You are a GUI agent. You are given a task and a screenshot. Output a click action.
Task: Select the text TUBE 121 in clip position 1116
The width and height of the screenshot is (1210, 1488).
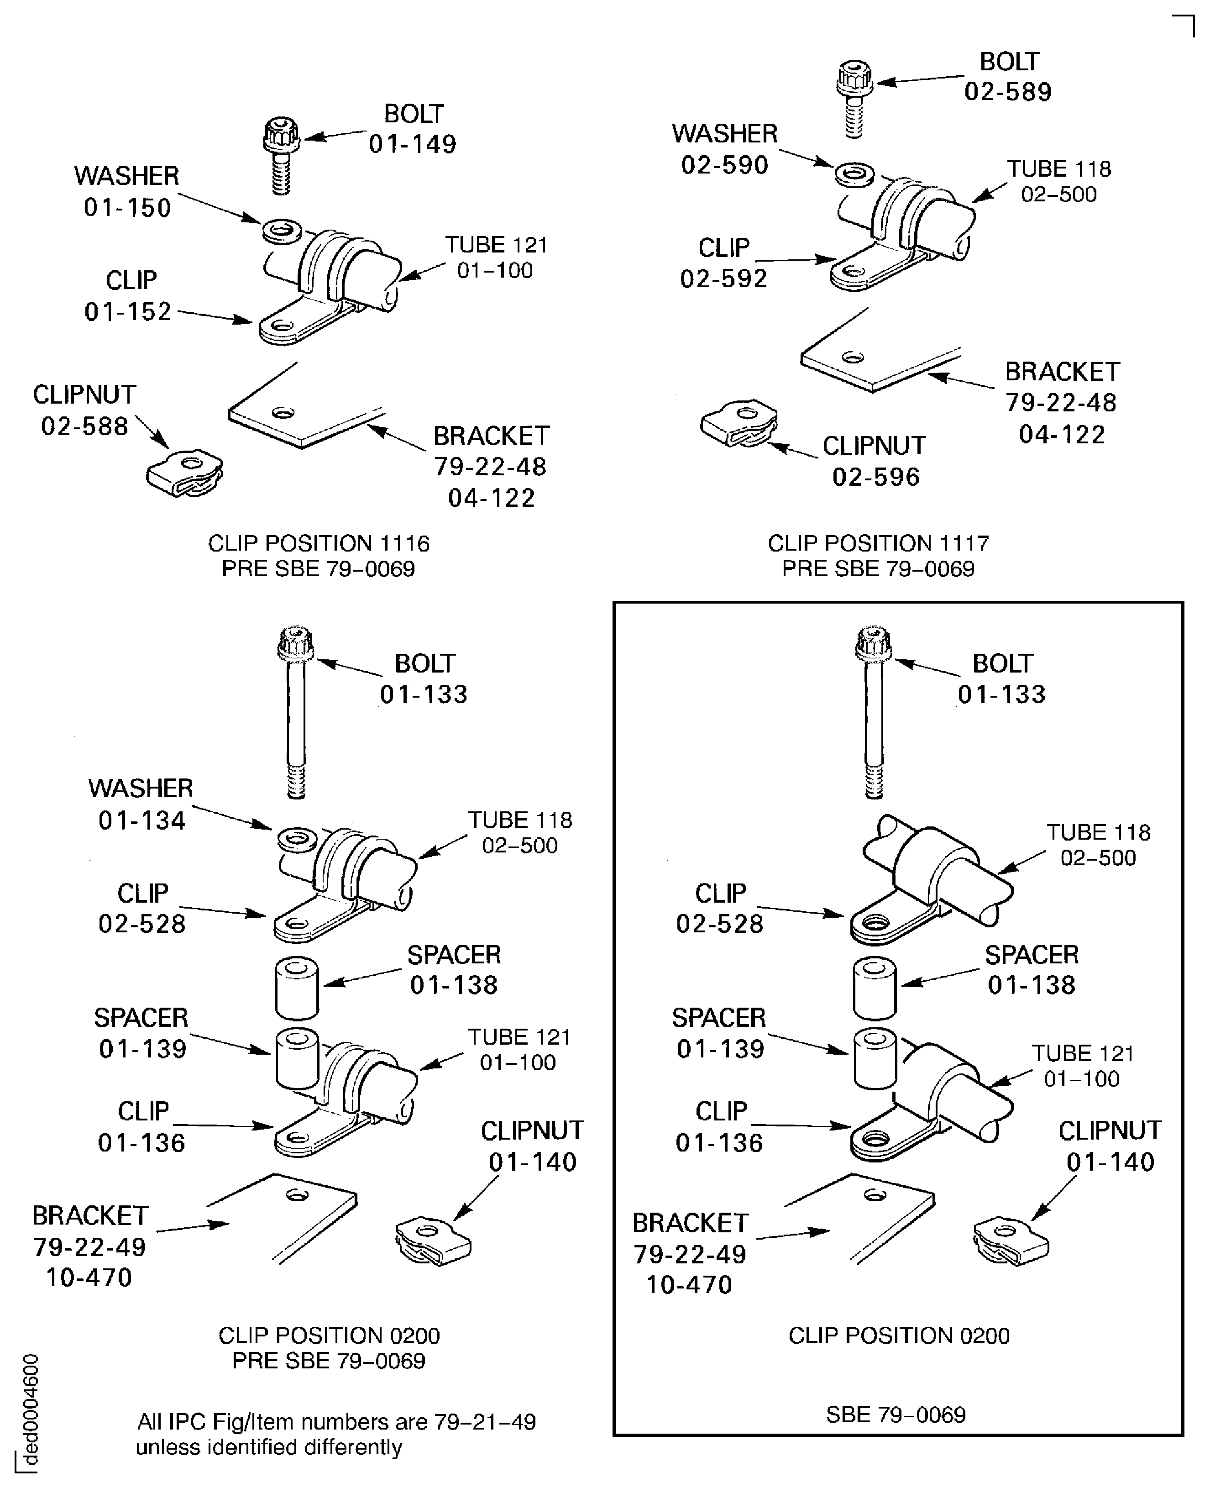496,246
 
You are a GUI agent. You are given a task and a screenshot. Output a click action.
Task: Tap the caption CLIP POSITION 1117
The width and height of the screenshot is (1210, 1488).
878,543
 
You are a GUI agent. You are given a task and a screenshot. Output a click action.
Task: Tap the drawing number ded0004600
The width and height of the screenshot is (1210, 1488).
31,1410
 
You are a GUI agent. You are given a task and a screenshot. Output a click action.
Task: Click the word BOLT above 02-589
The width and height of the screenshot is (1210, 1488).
1009,62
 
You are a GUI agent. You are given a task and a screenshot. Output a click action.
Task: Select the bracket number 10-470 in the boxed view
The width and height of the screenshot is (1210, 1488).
689,1284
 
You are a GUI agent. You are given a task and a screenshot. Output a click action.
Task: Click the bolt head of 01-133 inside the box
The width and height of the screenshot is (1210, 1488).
873,644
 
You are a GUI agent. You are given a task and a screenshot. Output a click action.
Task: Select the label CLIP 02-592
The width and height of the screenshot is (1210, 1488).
723,263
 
